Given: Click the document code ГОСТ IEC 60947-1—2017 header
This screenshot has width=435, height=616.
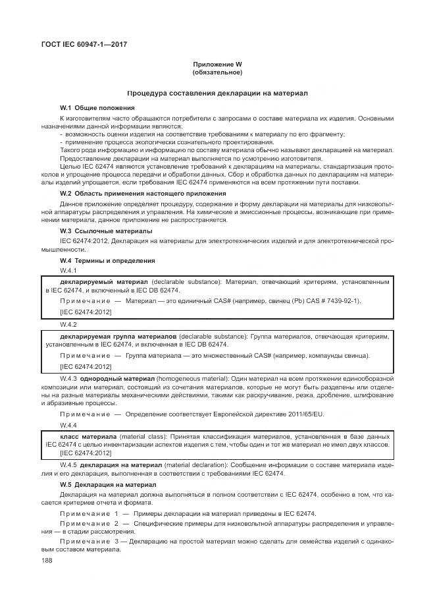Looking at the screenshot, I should point(84,44).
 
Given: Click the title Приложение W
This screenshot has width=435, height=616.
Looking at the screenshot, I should point(217,64).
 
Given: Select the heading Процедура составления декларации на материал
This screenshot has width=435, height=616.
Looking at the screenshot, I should point(217,94).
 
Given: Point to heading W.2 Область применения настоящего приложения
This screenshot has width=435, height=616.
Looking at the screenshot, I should point(143,193).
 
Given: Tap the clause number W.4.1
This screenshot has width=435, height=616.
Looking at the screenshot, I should point(68,271).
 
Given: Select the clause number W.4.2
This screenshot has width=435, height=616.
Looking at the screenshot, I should point(68,325).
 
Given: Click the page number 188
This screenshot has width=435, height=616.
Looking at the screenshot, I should point(47,559).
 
